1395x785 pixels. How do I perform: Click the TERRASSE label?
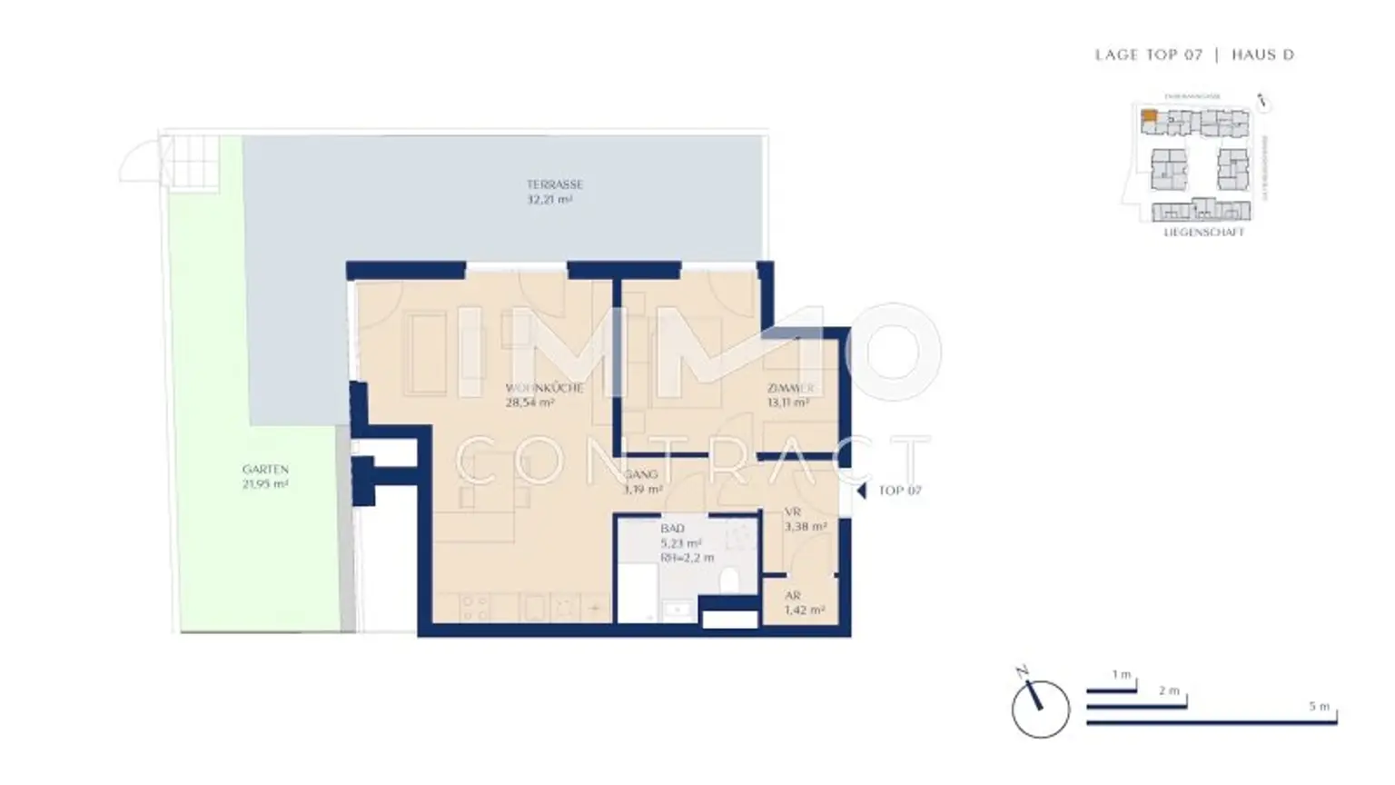coord(554,184)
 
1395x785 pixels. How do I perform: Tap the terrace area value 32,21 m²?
coord(549,199)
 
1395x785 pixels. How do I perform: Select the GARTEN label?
coord(265,470)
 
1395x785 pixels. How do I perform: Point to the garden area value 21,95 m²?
coord(265,484)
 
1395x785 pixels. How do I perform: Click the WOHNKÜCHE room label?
coord(544,388)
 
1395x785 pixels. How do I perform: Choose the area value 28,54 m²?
coord(529,402)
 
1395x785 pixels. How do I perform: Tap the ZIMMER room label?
coord(790,388)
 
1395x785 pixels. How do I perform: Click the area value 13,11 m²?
coord(787,402)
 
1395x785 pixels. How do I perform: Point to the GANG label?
coord(641,474)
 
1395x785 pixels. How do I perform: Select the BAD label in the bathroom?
coord(672,528)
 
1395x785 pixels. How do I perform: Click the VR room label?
coord(792,512)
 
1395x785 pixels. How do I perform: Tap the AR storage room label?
coord(793,596)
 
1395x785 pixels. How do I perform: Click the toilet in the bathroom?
coord(730,580)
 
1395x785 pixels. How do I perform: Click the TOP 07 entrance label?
coord(899,491)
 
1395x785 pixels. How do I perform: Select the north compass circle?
coord(1041,710)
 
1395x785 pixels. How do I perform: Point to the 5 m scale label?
coord(1319,706)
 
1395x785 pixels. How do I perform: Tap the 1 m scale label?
coord(1122,675)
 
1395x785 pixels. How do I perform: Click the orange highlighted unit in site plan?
coord(1149,115)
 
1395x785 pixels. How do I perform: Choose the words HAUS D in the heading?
coord(1262,55)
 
